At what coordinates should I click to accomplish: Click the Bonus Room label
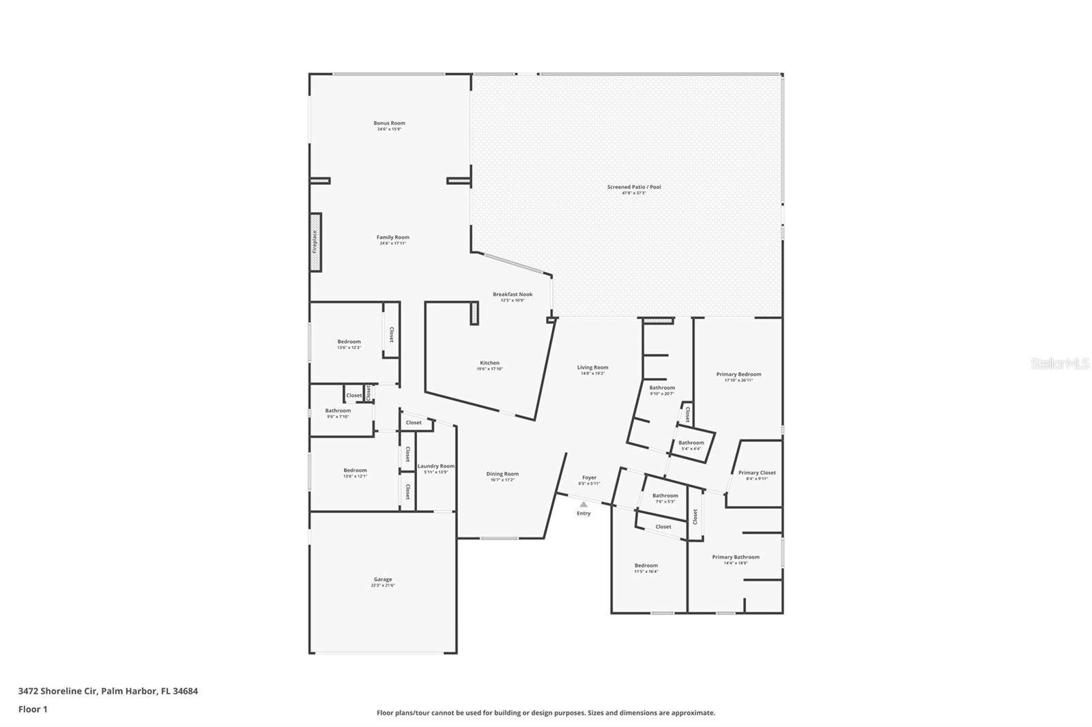click(389, 123)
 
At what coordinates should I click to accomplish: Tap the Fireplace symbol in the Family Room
click(315, 242)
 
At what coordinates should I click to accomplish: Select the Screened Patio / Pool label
click(634, 187)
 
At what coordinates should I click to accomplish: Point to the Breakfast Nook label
click(513, 295)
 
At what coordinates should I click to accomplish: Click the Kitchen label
click(489, 363)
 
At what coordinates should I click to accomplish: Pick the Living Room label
click(592, 368)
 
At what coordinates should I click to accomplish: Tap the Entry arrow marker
click(584, 505)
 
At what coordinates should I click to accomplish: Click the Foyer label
click(589, 478)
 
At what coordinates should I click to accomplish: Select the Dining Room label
click(502, 474)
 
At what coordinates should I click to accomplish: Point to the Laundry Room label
click(436, 466)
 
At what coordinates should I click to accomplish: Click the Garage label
click(383, 580)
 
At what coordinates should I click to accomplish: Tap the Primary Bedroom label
click(738, 374)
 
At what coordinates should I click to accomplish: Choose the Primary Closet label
click(757, 473)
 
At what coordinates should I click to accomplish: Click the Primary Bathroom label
click(736, 557)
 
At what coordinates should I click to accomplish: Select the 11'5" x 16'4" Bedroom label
click(646, 565)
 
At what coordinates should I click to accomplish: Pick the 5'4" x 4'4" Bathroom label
click(691, 443)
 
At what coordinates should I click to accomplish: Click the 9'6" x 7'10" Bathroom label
click(338, 411)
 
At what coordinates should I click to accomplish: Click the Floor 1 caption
click(33, 709)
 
